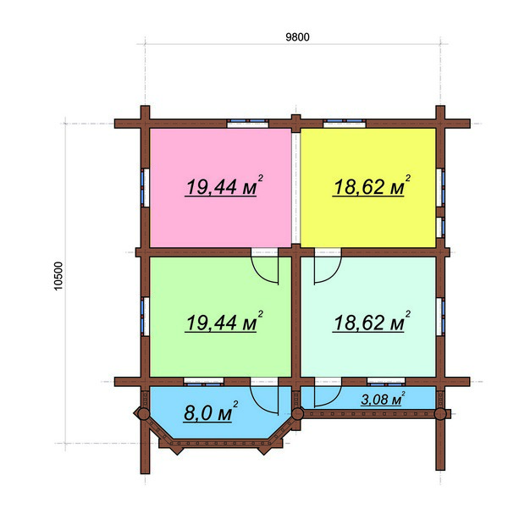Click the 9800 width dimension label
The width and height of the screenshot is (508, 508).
[297, 37]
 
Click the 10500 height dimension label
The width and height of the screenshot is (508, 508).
[58, 276]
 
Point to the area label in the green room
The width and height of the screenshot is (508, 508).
[224, 322]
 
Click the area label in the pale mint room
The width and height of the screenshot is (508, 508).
[372, 322]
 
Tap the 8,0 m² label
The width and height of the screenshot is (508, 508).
[211, 411]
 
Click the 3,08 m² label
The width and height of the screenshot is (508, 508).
[383, 399]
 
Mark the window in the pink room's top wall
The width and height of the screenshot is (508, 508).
[248, 123]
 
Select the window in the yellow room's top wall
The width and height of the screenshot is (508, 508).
[345, 123]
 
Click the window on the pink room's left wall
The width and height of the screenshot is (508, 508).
[145, 187]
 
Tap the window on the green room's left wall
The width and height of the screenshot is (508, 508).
[145, 317]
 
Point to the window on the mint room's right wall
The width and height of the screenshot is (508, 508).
[440, 317]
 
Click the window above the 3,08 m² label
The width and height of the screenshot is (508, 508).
[386, 382]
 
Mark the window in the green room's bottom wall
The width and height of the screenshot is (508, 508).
[204, 382]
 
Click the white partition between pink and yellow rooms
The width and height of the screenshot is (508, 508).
[295, 188]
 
